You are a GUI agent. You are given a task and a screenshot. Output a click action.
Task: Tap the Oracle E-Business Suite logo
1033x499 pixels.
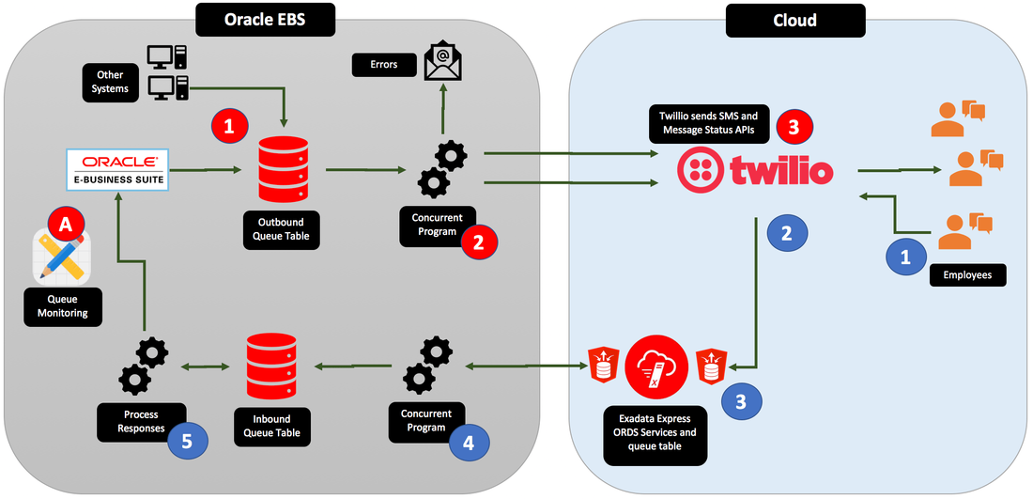pyautogui.click(x=116, y=169)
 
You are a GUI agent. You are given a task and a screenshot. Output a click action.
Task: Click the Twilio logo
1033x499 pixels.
pyautogui.click(x=755, y=171)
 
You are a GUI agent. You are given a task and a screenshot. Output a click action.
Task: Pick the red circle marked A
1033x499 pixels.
pyautogui.click(x=65, y=224)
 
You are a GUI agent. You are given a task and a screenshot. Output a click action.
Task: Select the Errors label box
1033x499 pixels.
pyautogui.click(x=385, y=65)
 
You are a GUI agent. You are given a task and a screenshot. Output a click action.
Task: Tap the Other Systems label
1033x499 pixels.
pyautogui.click(x=110, y=81)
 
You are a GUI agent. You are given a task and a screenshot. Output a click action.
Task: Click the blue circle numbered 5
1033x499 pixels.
pyautogui.click(x=187, y=442)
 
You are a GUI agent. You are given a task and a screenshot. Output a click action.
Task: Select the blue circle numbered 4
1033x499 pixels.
pyautogui.click(x=469, y=441)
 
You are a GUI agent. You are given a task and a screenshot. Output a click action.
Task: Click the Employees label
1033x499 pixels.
pyautogui.click(x=967, y=274)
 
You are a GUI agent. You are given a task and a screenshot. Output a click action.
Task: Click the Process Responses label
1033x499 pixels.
pyautogui.click(x=141, y=421)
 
